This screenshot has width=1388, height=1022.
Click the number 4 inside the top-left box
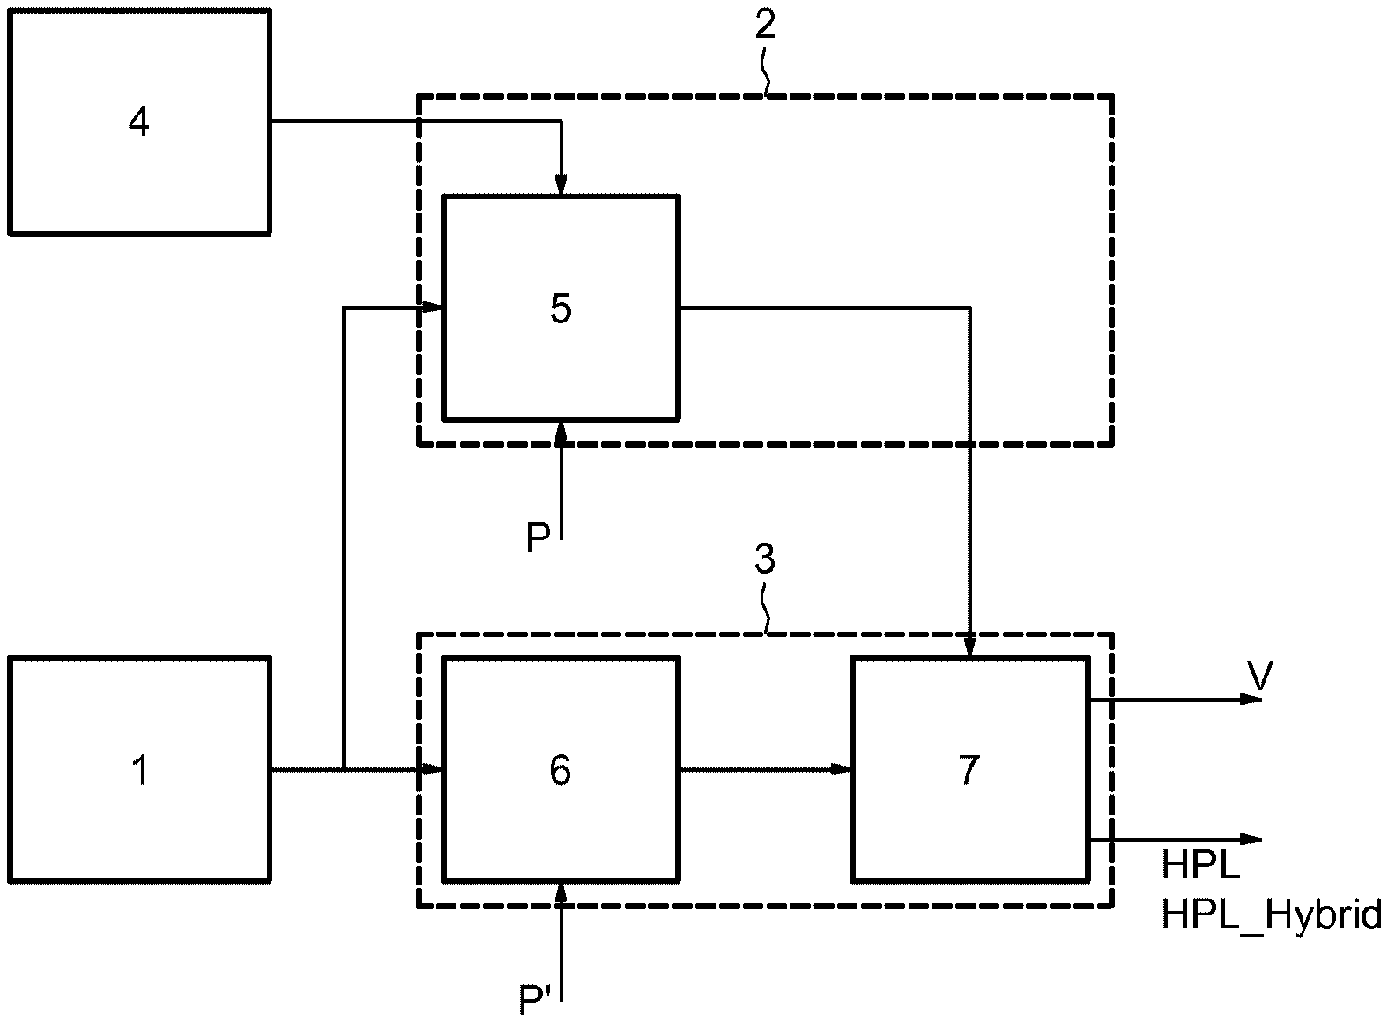[x=139, y=122]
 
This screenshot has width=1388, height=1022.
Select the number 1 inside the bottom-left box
[x=141, y=771]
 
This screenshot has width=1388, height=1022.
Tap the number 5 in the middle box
[x=560, y=308]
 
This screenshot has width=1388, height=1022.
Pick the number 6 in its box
[x=560, y=771]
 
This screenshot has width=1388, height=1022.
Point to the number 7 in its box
[x=969, y=771]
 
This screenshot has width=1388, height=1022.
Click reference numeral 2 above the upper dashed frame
[x=765, y=25]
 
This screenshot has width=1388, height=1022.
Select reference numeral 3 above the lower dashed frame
[x=765, y=559]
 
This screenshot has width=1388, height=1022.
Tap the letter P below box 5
[x=538, y=537]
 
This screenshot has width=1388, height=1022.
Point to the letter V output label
[x=1260, y=676]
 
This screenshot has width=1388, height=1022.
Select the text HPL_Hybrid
[x=1272, y=915]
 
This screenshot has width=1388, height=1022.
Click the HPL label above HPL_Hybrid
[x=1201, y=864]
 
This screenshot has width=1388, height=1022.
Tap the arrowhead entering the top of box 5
[x=560, y=185]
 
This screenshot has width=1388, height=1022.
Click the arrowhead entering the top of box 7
[x=969, y=648]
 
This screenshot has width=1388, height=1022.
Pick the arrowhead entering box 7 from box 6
[x=841, y=770]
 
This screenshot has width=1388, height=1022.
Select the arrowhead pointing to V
[x=1251, y=700]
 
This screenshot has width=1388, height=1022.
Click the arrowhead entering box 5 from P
[x=560, y=432]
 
